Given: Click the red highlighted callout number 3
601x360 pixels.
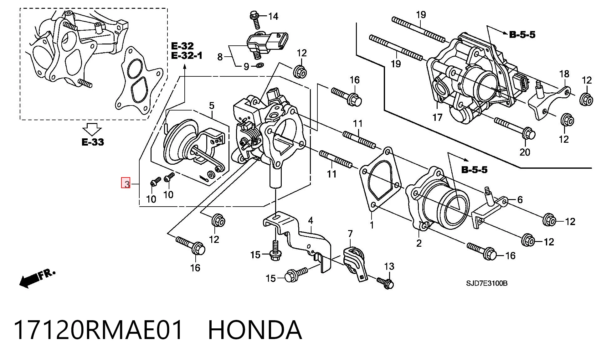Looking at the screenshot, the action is [x=126, y=183].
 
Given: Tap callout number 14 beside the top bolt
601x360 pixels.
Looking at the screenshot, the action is [x=273, y=16].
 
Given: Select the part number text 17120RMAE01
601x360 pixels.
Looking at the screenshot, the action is [x=98, y=330].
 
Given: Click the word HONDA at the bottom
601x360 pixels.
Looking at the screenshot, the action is [x=255, y=330].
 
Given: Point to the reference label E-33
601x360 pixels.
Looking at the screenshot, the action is [x=93, y=142].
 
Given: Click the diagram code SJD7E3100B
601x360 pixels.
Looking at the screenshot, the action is [x=487, y=283].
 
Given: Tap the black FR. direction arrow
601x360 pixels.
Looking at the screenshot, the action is [x=37, y=278].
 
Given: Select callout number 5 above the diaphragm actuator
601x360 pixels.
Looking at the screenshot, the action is [x=212, y=105].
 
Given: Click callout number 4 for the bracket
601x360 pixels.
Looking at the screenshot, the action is [x=310, y=221].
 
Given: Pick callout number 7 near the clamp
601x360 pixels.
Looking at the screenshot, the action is [x=350, y=234].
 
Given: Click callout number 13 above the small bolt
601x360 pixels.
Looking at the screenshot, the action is [x=389, y=266].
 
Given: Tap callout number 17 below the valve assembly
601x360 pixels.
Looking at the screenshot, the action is [x=437, y=117].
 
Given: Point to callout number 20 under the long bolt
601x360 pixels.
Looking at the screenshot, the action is [x=525, y=152].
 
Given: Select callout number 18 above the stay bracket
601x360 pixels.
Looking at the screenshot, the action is [x=564, y=74].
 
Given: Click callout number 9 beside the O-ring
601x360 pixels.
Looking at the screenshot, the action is [x=246, y=66].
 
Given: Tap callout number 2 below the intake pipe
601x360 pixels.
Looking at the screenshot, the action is [x=419, y=243].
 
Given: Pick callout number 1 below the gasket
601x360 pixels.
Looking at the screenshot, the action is [x=372, y=225].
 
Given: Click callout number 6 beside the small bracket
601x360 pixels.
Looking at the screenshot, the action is [x=520, y=199].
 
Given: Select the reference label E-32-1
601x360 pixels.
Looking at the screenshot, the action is [x=187, y=56].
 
